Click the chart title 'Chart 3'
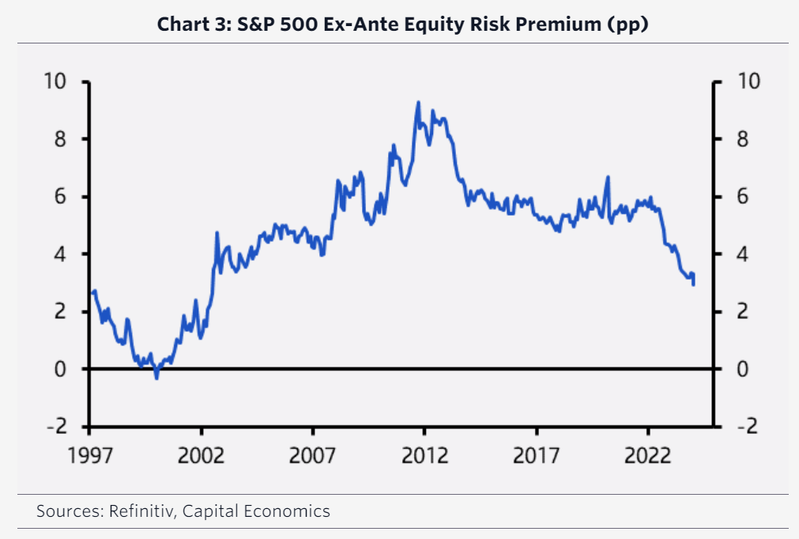coord(190,24)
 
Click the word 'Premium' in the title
coord(560,24)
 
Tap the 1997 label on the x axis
coord(89,456)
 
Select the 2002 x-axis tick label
coord(202,456)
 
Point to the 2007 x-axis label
coord(314,456)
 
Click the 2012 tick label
coord(424,456)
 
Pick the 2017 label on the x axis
coord(537,456)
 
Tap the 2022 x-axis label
coord(648,456)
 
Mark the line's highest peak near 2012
coord(418,102)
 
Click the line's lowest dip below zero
coord(156,378)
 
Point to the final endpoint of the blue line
coord(693,285)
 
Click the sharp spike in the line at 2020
coord(608,177)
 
